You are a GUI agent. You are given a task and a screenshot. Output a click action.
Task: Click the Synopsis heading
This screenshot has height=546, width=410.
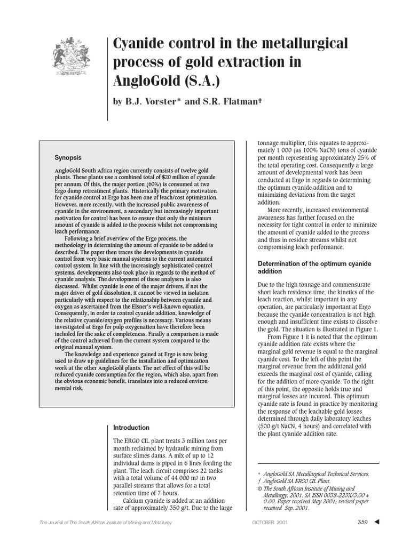[68, 158]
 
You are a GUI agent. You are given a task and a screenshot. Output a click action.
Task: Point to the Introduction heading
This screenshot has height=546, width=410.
[131, 428]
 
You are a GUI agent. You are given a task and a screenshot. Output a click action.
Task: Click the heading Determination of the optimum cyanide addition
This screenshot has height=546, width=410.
[315, 268]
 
